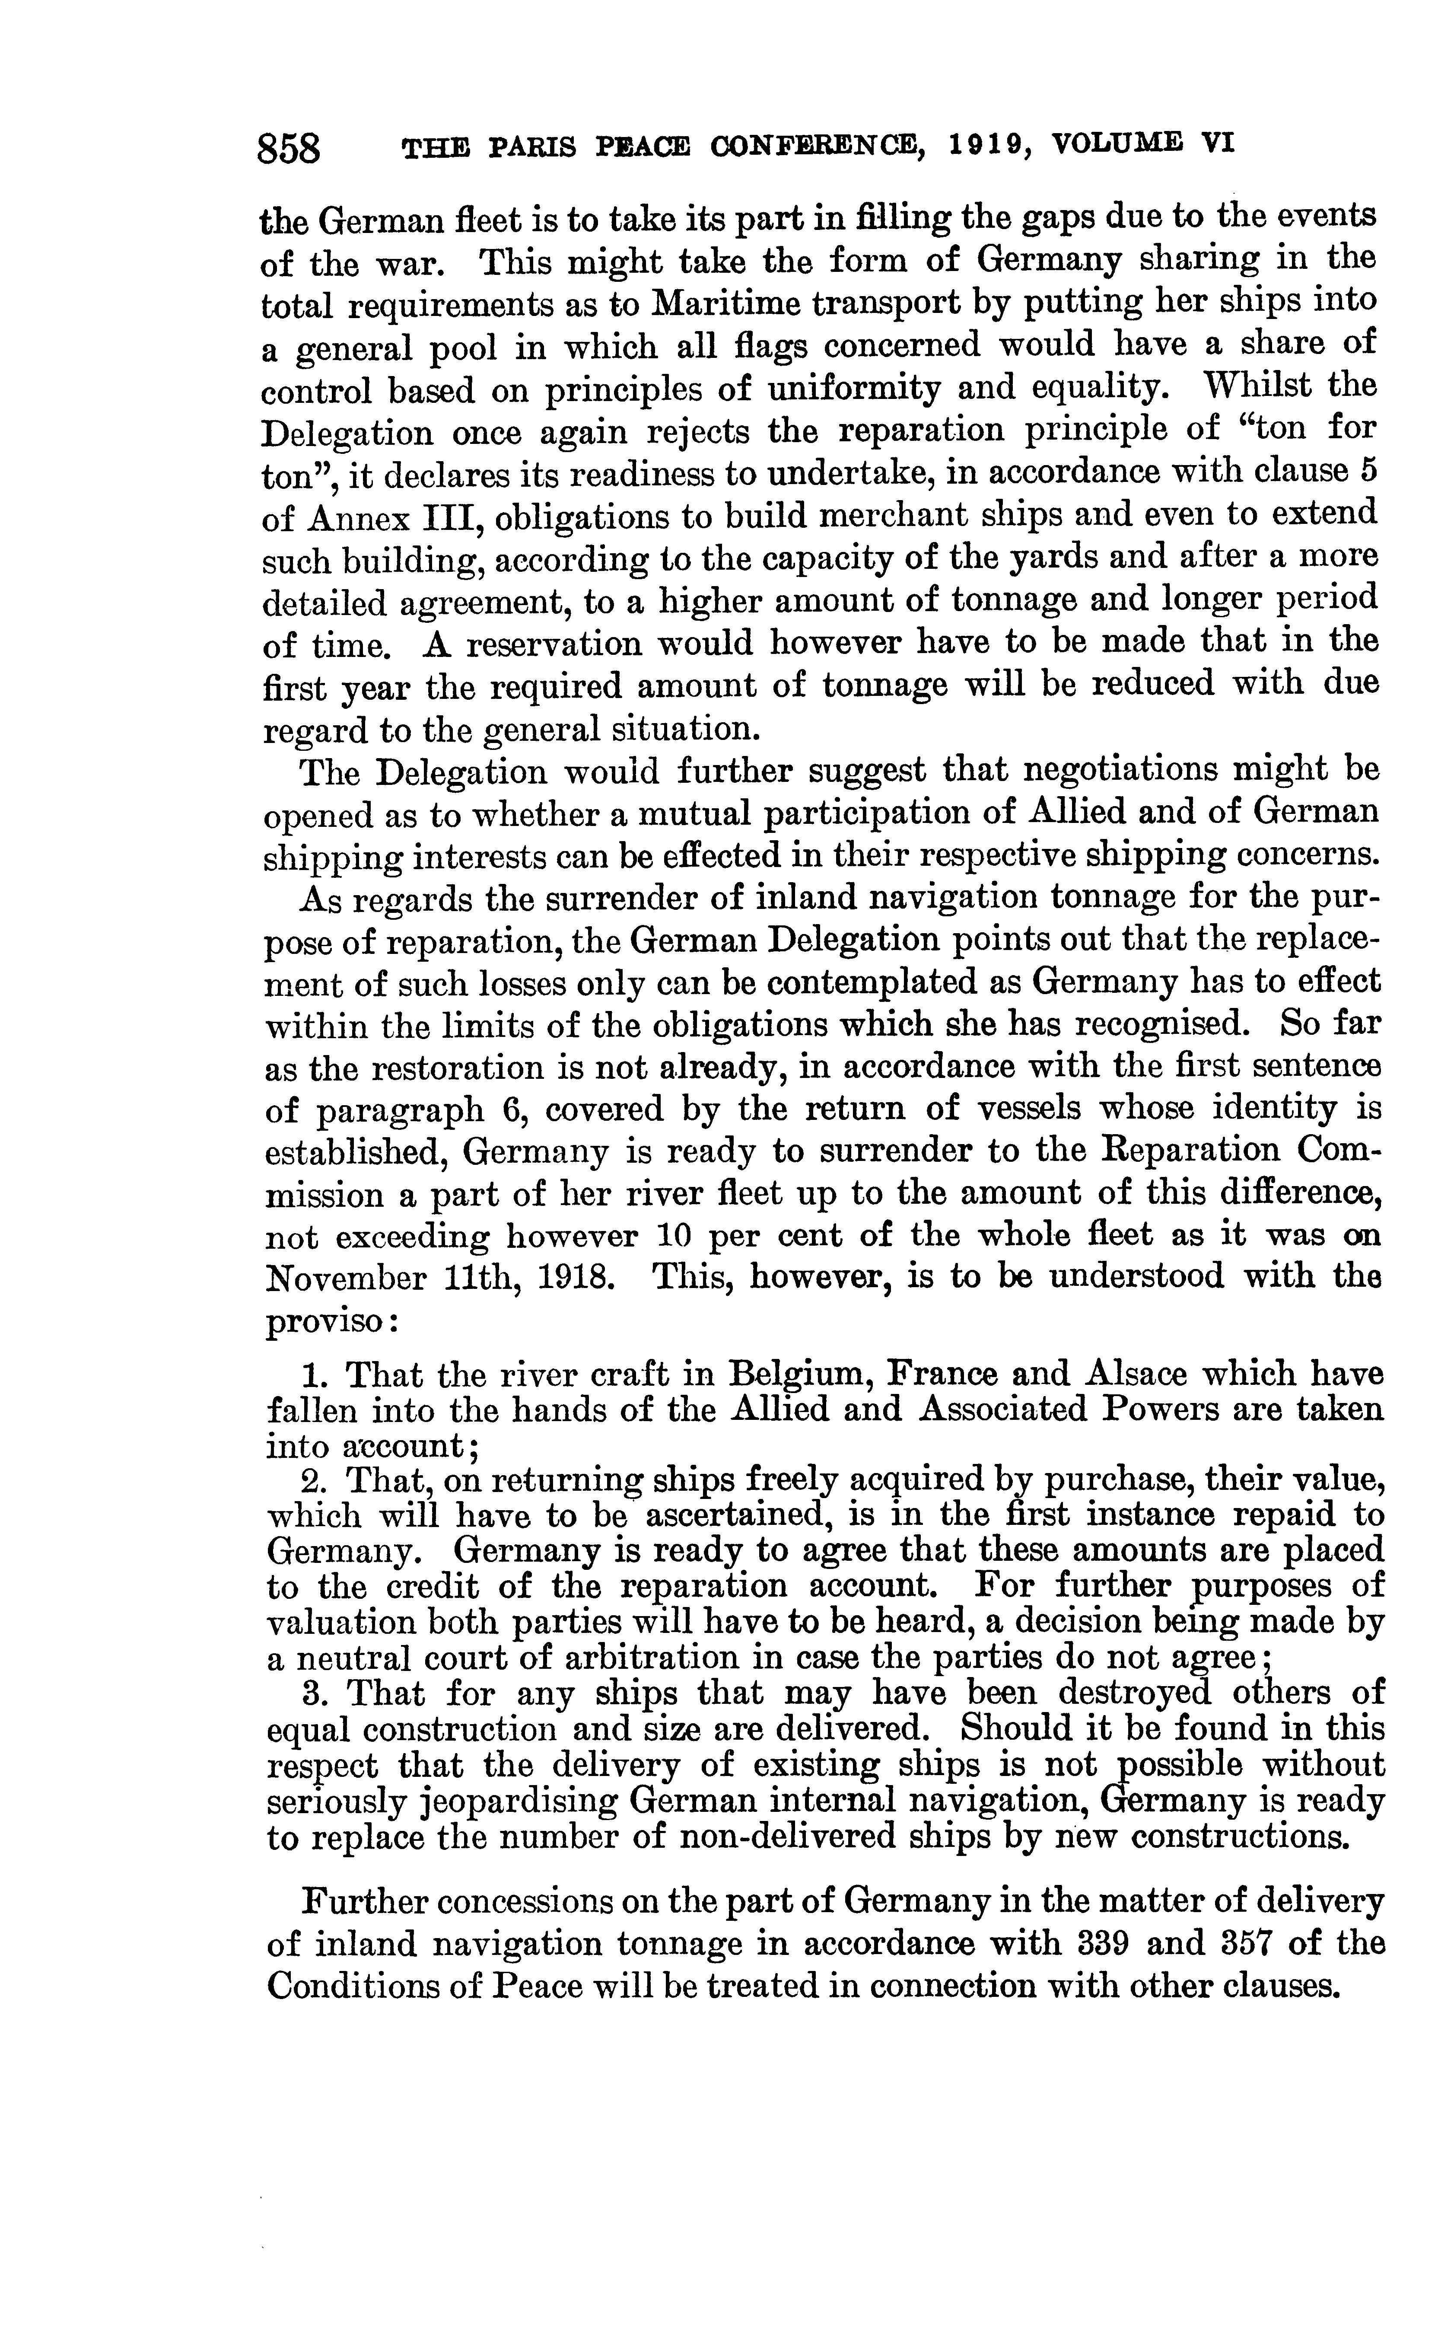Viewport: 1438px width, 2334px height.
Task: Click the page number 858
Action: pyautogui.click(x=290, y=149)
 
